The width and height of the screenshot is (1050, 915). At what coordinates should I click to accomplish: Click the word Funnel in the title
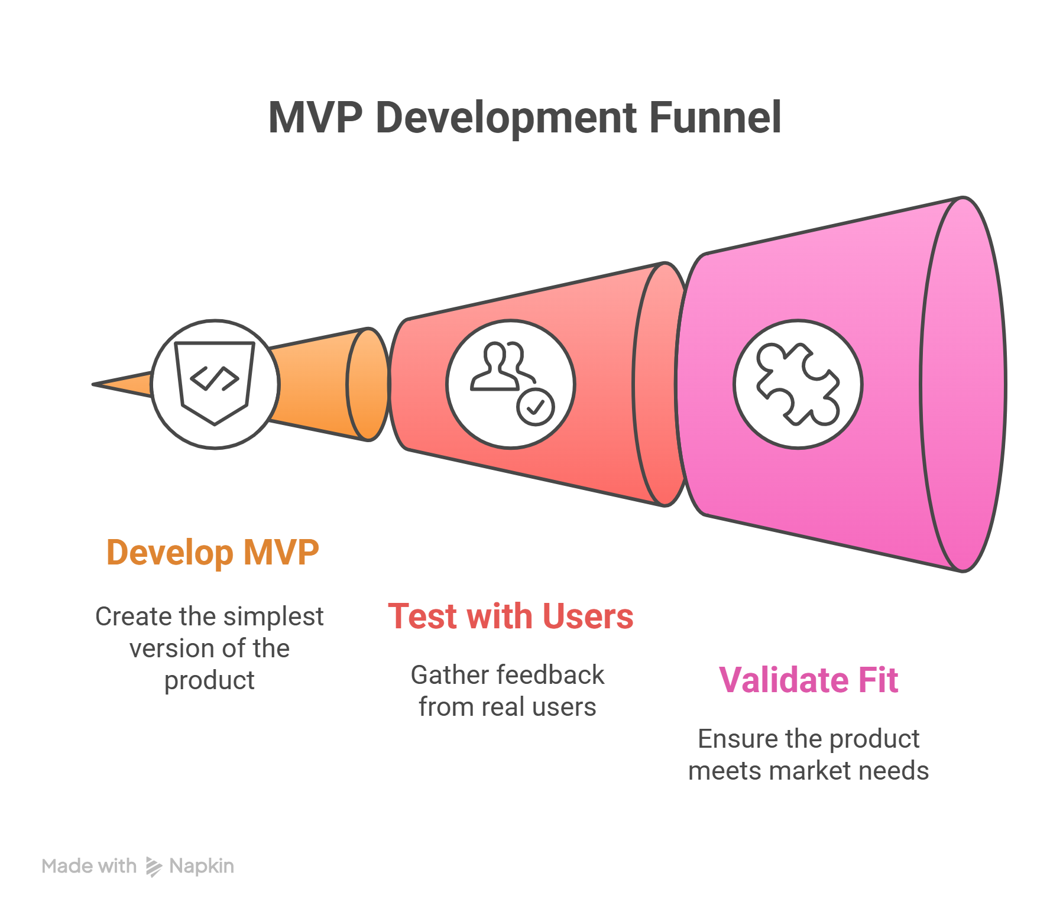(715, 117)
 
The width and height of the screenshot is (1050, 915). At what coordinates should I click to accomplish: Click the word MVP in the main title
(315, 117)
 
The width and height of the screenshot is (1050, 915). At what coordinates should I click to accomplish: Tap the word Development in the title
(506, 117)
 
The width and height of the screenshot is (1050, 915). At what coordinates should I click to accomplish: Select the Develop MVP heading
(213, 553)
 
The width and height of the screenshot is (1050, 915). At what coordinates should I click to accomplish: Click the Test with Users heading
(510, 617)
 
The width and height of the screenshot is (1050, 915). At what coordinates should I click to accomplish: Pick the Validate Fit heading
(808, 680)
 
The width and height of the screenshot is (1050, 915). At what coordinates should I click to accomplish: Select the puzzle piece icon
(798, 384)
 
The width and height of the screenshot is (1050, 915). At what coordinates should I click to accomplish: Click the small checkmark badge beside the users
(536, 407)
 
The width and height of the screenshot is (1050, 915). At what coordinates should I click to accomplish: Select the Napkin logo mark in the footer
(153, 867)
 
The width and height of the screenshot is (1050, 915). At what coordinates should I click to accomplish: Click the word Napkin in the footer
(202, 867)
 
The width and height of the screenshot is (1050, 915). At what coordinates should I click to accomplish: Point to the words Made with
(89, 867)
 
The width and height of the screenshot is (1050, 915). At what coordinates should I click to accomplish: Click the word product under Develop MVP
(210, 681)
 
